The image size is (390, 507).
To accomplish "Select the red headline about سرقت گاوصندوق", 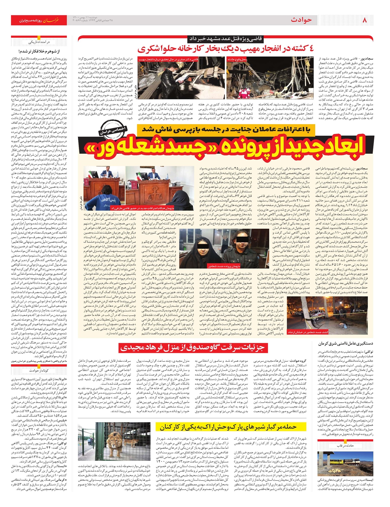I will [192, 347].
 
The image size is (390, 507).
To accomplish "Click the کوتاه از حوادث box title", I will [39, 370].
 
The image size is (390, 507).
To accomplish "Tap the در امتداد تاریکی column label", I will [39, 42].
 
